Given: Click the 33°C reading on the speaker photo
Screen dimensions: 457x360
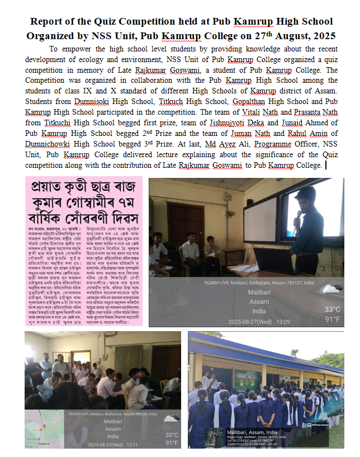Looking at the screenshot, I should click(x=332, y=309).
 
